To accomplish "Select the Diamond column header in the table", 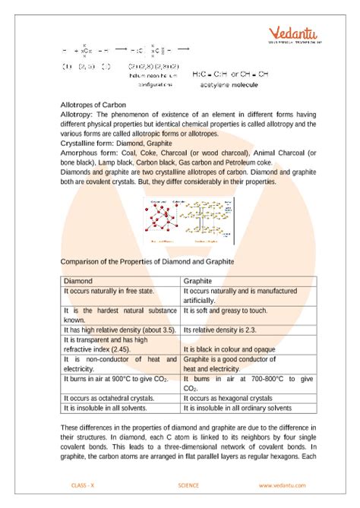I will coord(79,280).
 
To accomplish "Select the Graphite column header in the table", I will coord(200,280).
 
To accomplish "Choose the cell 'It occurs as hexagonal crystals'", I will coord(231,397).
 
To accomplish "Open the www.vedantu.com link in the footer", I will coord(281,485).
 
